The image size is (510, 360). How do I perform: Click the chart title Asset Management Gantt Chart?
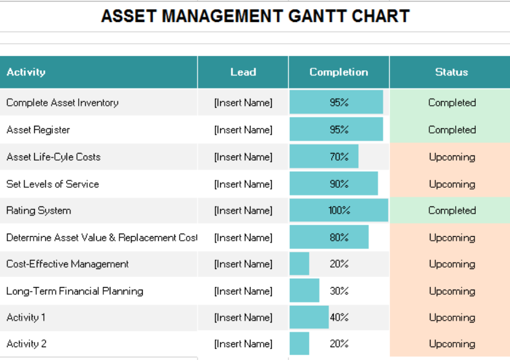pos(255,16)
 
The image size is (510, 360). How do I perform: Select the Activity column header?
pos(26,72)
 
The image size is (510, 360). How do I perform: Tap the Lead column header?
pos(243,72)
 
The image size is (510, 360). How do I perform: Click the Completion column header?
pos(338,72)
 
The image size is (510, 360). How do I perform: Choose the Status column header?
pos(451,72)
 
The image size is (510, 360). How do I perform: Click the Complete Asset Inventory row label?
pos(62,103)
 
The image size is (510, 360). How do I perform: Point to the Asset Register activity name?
pos(38,130)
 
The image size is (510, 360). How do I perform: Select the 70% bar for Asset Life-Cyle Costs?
pos(323,157)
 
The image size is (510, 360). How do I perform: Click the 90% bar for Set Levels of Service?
pos(333,184)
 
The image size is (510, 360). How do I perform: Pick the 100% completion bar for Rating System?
pos(338,210)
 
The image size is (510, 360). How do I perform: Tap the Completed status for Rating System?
pos(451,210)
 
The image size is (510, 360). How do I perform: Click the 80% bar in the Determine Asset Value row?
pos(329,237)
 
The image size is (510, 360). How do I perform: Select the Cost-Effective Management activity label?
pos(67,264)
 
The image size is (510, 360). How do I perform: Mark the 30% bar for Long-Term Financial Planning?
pos(304,291)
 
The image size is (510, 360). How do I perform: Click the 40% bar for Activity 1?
pos(309,317)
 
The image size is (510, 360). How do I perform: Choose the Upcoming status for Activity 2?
pos(451,344)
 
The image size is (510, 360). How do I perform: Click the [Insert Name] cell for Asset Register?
pos(243,130)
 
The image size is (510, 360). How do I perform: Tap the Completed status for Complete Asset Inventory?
pos(451,103)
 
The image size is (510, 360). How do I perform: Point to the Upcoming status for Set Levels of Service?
pos(451,184)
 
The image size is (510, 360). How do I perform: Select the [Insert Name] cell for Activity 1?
pos(243,317)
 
